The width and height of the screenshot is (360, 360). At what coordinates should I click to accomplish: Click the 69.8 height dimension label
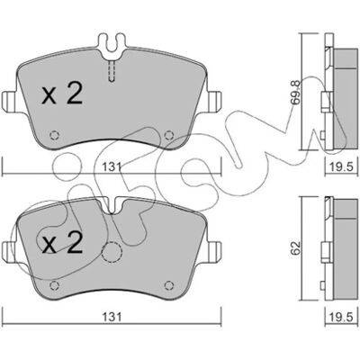[296, 92]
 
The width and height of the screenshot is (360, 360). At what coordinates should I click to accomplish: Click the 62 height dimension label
[296, 248]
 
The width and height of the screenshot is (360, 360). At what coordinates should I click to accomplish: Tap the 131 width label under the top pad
[112, 166]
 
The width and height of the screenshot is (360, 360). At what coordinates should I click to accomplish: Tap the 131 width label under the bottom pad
[112, 317]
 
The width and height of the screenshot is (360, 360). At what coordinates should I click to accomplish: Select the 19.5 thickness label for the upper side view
[341, 166]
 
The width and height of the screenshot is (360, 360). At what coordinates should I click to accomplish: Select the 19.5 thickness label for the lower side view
[341, 317]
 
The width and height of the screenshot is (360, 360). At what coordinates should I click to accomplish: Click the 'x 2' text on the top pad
[62, 94]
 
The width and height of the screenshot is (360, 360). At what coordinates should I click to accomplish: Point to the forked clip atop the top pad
[112, 45]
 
